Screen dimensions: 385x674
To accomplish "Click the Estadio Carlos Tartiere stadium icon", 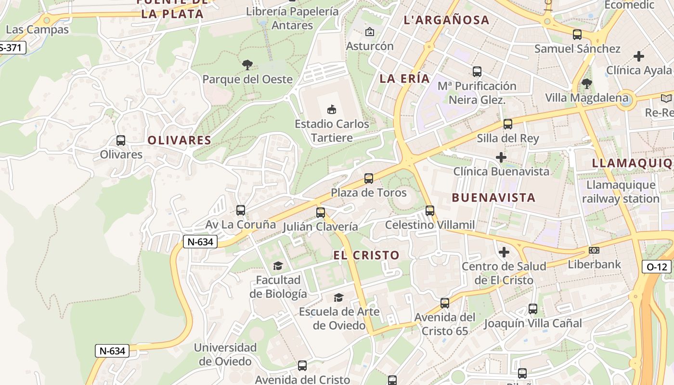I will [x=331, y=110].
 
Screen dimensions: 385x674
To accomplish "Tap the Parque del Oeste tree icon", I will [x=247, y=64].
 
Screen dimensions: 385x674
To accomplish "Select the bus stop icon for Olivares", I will [x=121, y=141].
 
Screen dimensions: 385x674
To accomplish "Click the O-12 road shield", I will [x=656, y=267].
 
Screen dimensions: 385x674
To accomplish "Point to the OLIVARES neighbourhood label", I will [x=180, y=140].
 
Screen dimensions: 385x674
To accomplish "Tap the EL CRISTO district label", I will [x=366, y=255].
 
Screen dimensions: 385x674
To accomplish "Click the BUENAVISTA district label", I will [x=494, y=197].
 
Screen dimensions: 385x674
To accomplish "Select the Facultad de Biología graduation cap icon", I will [x=278, y=266].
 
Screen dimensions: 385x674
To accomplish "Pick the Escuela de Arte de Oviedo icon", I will [x=339, y=297].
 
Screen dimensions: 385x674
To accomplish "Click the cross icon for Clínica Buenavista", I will [x=501, y=157].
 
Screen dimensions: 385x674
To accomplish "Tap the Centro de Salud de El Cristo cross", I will [x=504, y=252].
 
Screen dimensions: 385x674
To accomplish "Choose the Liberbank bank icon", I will [x=594, y=250].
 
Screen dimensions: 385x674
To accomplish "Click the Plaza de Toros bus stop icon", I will [x=369, y=179].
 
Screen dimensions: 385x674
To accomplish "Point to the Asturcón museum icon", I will [x=370, y=32].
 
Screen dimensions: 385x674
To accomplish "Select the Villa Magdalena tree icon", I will [x=586, y=84].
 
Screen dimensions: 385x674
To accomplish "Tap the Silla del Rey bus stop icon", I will [x=508, y=124].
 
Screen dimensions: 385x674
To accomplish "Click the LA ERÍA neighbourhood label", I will [x=404, y=79].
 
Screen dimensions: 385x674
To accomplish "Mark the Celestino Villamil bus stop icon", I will [x=430, y=211].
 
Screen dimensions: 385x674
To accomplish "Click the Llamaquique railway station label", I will [x=621, y=192].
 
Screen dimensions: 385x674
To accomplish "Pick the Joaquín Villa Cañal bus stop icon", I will [x=533, y=309].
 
